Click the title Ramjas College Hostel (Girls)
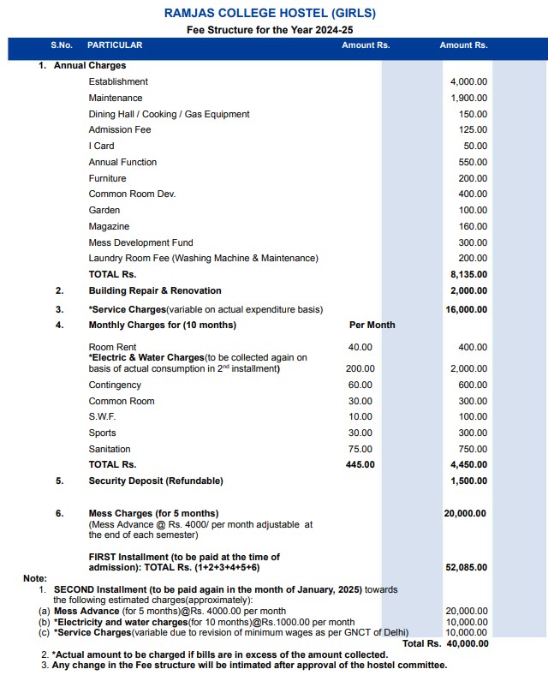[270, 13]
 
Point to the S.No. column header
[61, 45]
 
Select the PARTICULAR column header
[115, 45]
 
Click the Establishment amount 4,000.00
[468, 81]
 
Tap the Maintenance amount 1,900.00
[468, 98]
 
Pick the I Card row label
[101, 146]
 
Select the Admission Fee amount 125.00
[473, 129]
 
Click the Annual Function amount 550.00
[473, 162]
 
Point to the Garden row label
[104, 210]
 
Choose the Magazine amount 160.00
[473, 226]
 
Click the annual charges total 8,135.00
[468, 274]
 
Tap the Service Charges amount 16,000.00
[466, 309]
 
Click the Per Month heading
[372, 326]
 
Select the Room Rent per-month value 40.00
[360, 347]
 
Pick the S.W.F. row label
[102, 416]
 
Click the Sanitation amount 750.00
[473, 449]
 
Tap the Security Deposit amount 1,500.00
[468, 481]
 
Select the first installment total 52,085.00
[466, 567]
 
